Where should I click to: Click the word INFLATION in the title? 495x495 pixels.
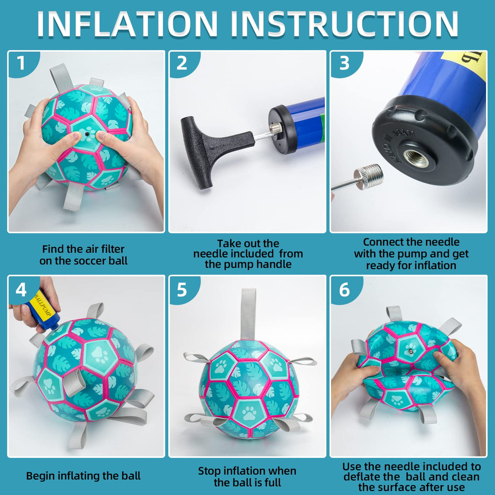pyautogui.click(x=127, y=23)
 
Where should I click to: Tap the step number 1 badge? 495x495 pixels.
pyautogui.click(x=21, y=63)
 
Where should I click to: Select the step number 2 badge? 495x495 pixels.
pyautogui.click(x=182, y=63)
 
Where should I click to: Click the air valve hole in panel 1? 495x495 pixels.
pyautogui.click(x=87, y=134)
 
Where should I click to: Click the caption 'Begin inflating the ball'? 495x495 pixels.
pyautogui.click(x=83, y=476)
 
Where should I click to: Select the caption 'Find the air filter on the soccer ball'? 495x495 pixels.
pyautogui.click(x=83, y=255)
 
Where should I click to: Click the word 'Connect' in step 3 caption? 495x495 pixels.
pyautogui.click(x=384, y=242)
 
